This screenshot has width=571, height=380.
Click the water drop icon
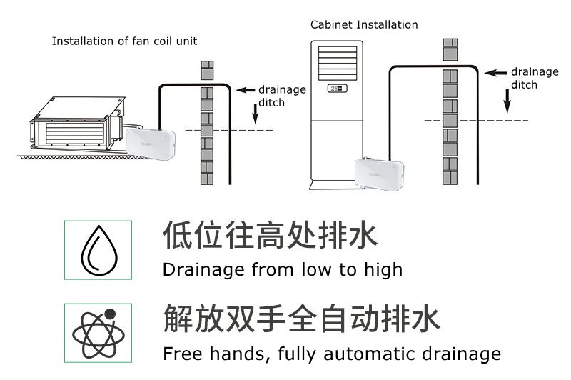pos(98,251)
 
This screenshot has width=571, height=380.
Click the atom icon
pos(98,333)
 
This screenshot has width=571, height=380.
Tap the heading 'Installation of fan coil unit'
pos(124,41)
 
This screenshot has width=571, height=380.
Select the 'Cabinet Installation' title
pos(364,25)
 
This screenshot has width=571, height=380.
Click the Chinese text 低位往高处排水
pos(270,235)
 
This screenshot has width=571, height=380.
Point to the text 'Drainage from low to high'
pos(283,270)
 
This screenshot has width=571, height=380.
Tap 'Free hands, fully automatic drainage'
pos(331,354)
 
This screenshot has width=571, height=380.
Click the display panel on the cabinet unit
pos(338,89)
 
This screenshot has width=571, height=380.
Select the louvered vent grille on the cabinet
pos(338,64)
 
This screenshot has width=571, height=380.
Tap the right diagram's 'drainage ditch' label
pos(535,78)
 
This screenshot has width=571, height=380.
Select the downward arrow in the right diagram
pos(507,102)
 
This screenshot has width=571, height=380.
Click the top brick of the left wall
pos(207,70)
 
